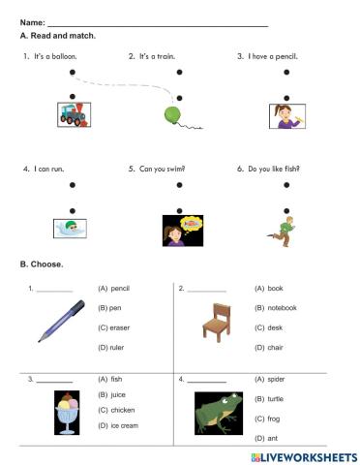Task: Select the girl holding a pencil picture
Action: click(285, 116)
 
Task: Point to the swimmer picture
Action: click(73, 229)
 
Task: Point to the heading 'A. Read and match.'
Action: click(57, 35)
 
